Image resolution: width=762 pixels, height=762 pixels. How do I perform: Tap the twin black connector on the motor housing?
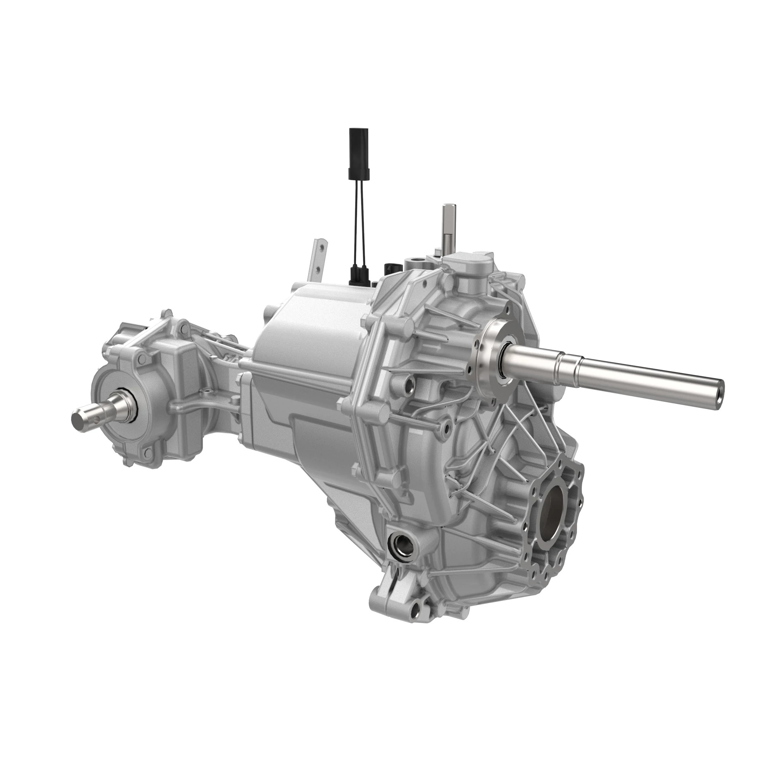[360, 273]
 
